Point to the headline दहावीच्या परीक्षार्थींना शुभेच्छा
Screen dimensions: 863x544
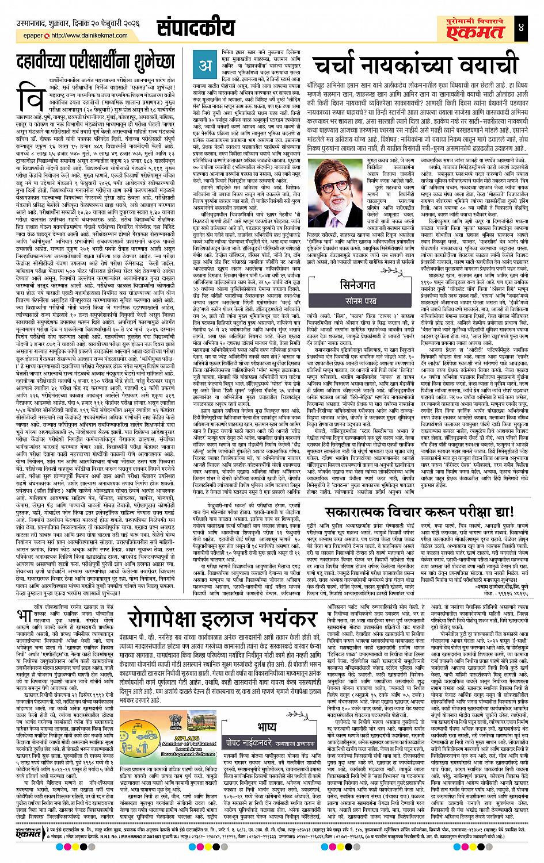pyautogui.click(x=93, y=62)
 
